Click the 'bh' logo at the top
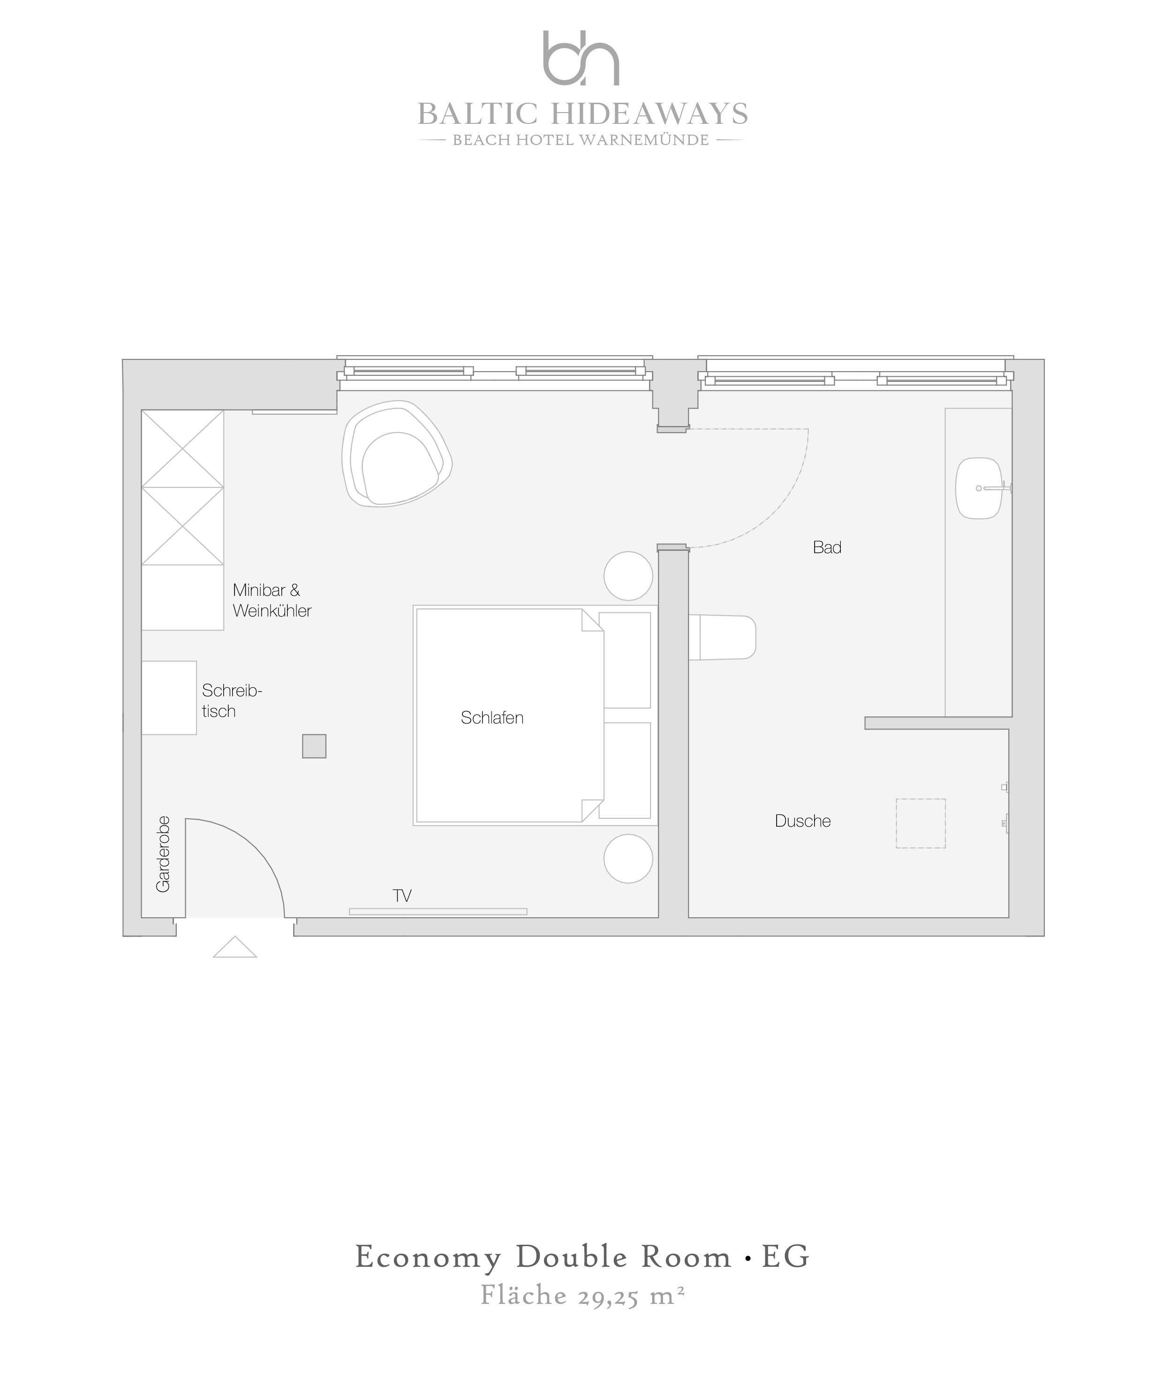coord(581,58)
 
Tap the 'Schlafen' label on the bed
coord(492,717)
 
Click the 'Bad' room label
coord(827,548)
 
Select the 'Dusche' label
coord(802,821)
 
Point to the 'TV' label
coord(402,896)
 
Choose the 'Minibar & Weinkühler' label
coord(272,600)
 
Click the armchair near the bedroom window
coord(396,453)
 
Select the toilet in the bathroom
coord(722,637)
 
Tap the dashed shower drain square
coord(921,823)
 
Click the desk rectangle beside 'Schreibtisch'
coord(169,698)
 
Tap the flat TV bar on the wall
coord(438,912)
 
